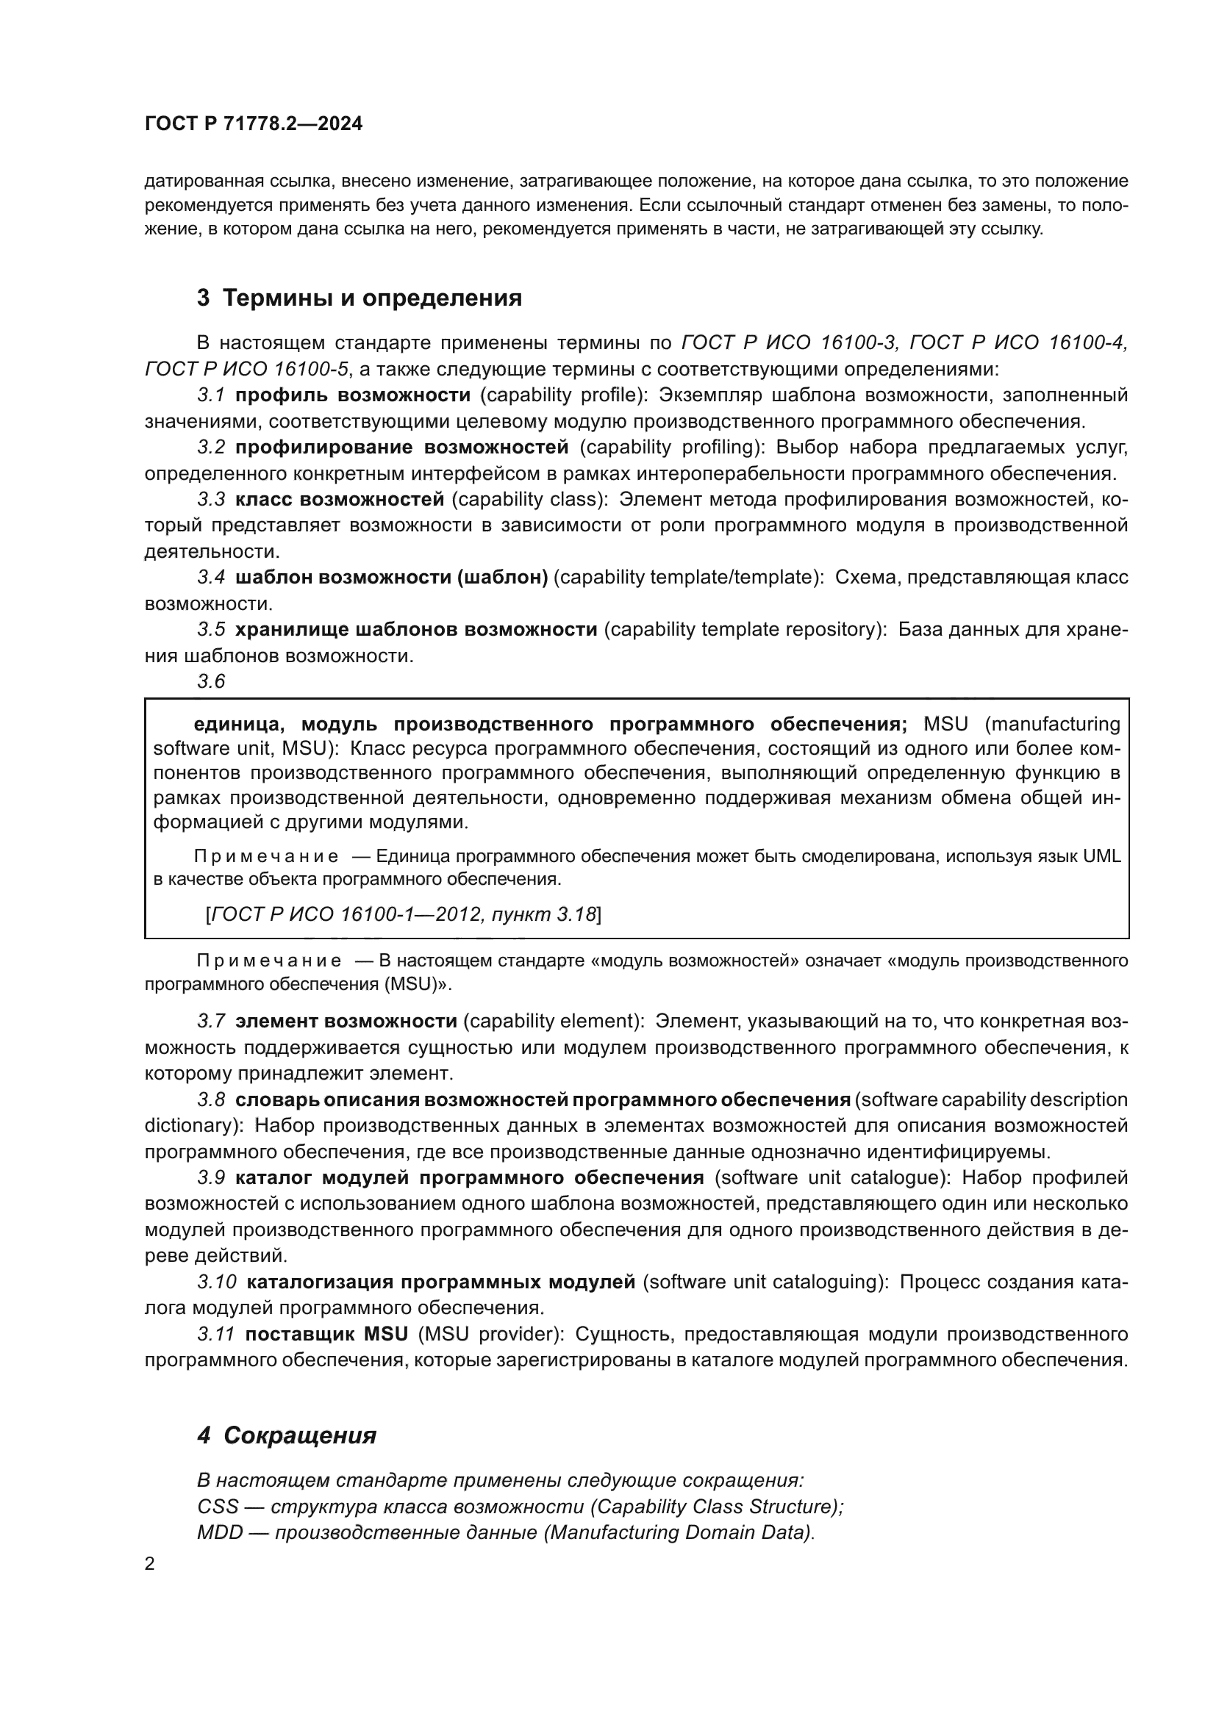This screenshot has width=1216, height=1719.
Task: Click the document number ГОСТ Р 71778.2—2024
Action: pyautogui.click(x=253, y=124)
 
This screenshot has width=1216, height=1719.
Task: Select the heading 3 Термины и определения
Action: pyautogui.click(x=360, y=298)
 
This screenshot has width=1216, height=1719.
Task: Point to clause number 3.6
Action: pyautogui.click(x=211, y=681)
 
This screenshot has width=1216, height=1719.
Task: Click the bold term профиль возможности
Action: pyautogui.click(x=353, y=395)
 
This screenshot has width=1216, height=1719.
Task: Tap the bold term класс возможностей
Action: pyautogui.click(x=339, y=498)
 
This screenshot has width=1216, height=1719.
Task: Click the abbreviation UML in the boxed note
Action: pyautogui.click(x=1102, y=855)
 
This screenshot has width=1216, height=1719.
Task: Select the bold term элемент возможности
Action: pyautogui.click(x=346, y=1022)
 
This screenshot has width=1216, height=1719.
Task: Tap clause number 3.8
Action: pyautogui.click(x=211, y=1100)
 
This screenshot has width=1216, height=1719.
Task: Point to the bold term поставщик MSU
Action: pyautogui.click(x=326, y=1334)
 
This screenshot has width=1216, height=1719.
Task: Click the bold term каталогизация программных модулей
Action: pyautogui.click(x=441, y=1282)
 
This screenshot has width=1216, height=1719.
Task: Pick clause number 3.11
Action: pyautogui.click(x=216, y=1334)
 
